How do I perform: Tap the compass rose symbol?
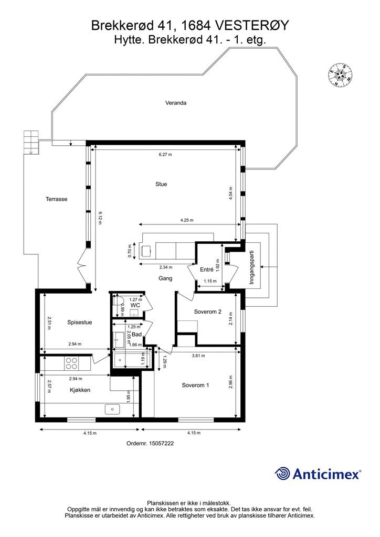[x=340, y=74]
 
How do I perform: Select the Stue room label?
[x=161, y=184]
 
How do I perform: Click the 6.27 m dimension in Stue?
[x=165, y=155]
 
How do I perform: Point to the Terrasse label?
[x=56, y=199]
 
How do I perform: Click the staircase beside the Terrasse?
[x=31, y=142]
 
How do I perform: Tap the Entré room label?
[x=207, y=269]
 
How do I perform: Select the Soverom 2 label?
[x=207, y=312]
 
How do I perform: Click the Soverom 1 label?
[x=195, y=385]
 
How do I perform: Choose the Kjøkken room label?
[x=80, y=390]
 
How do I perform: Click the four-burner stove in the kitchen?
[x=71, y=363]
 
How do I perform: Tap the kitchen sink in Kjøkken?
[x=113, y=409]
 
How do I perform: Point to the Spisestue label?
[x=79, y=323]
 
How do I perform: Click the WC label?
[x=134, y=305]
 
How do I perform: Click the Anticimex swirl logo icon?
[x=282, y=474]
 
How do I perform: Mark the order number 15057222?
[x=150, y=443]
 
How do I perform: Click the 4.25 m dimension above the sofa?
[x=186, y=220]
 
